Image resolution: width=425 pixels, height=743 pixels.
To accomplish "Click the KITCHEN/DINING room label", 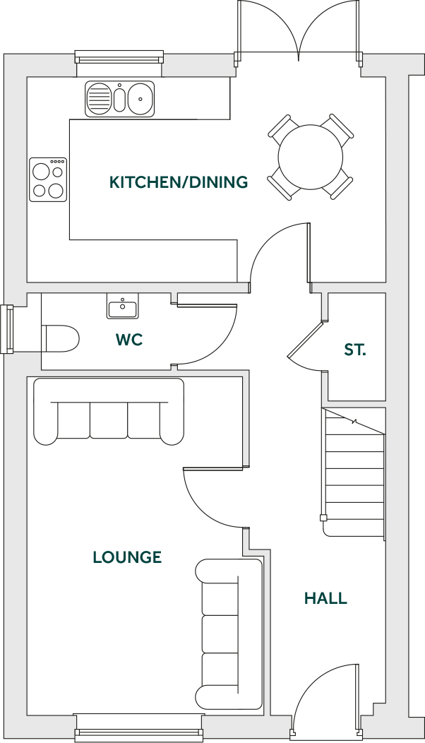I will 179,182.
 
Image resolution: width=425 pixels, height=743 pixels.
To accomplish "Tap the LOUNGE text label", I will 127,557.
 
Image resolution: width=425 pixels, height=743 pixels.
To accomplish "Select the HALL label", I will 325,599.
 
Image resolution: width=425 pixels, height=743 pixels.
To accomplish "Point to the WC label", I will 129,340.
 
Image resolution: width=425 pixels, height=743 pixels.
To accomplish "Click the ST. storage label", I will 355,350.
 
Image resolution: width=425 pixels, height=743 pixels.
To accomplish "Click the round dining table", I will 310,157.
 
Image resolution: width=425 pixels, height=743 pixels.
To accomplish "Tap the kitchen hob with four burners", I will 48,179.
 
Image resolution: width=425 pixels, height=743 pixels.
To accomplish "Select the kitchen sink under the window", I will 119,98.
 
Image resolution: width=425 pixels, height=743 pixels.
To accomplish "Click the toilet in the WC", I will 60,338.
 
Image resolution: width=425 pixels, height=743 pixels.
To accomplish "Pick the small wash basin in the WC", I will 123,307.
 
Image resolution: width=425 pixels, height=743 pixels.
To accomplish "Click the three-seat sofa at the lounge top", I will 109,412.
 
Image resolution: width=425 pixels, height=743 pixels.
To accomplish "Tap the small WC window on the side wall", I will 8,329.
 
